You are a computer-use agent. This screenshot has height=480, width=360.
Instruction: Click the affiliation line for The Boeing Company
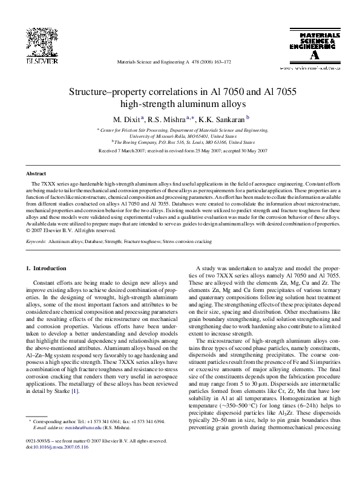pos(182,143)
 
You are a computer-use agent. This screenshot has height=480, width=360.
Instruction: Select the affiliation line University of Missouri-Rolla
pos(182,136)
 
